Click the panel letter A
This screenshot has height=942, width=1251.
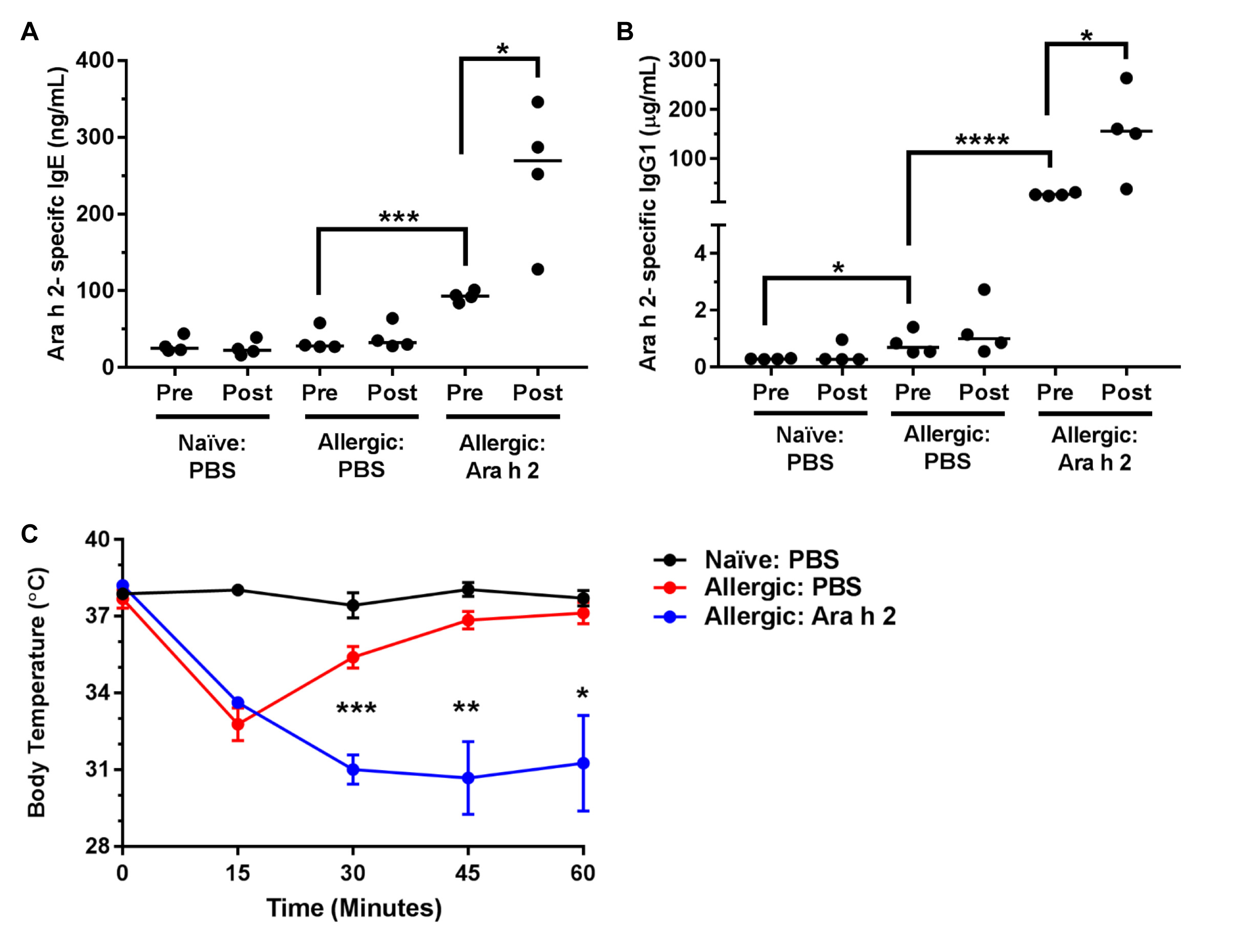pos(29,32)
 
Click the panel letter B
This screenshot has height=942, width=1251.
pos(624,32)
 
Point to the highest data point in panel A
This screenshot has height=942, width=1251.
pos(538,102)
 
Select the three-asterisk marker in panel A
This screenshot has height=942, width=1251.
pos(399,217)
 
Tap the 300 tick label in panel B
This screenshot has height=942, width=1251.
pos(687,60)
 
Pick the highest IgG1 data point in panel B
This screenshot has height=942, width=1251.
pos(1126,78)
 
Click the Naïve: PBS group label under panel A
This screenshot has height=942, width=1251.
pos(212,456)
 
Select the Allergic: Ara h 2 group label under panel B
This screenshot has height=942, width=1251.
pos(1094,448)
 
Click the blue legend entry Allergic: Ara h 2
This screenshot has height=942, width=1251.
pos(800,616)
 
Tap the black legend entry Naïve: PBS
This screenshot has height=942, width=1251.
pos(771,559)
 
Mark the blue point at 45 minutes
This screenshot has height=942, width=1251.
pos(468,778)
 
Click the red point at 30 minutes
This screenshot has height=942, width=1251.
pos(353,657)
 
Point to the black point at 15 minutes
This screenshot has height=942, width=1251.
pos(238,590)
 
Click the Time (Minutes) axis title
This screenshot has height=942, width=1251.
pos(354,908)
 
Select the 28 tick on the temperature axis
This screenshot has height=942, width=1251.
pos(97,846)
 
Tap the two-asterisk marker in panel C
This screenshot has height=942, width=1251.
pos(466,707)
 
